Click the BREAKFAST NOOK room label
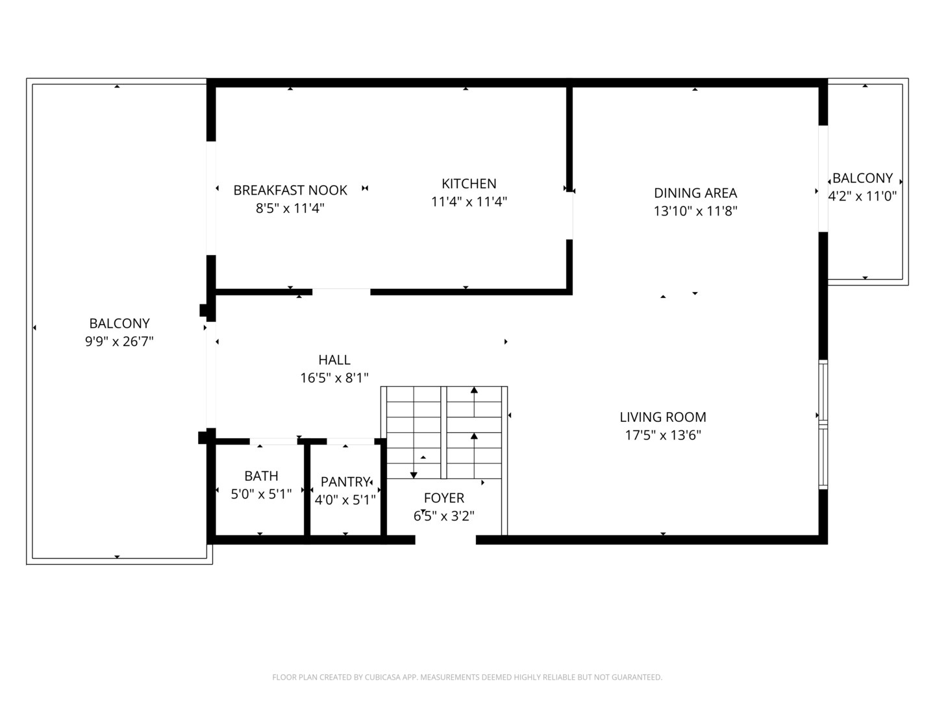[x=290, y=190]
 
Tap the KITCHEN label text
[x=469, y=184]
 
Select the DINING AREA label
[x=695, y=193]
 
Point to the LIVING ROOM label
[x=663, y=417]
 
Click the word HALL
[x=334, y=360]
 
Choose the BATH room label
[x=261, y=475]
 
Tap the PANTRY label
[x=345, y=482]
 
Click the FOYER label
[x=444, y=498]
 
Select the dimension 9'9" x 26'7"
[x=119, y=341]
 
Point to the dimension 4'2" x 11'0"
[x=862, y=196]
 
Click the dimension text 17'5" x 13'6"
[x=663, y=435]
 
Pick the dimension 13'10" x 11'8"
[x=695, y=211]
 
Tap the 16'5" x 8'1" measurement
[x=334, y=378]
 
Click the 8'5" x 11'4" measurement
[x=290, y=208]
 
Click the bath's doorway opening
[x=273, y=441]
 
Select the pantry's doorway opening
[x=350, y=441]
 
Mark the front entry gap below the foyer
[x=445, y=539]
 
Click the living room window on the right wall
[x=823, y=424]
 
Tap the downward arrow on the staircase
[x=414, y=475]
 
